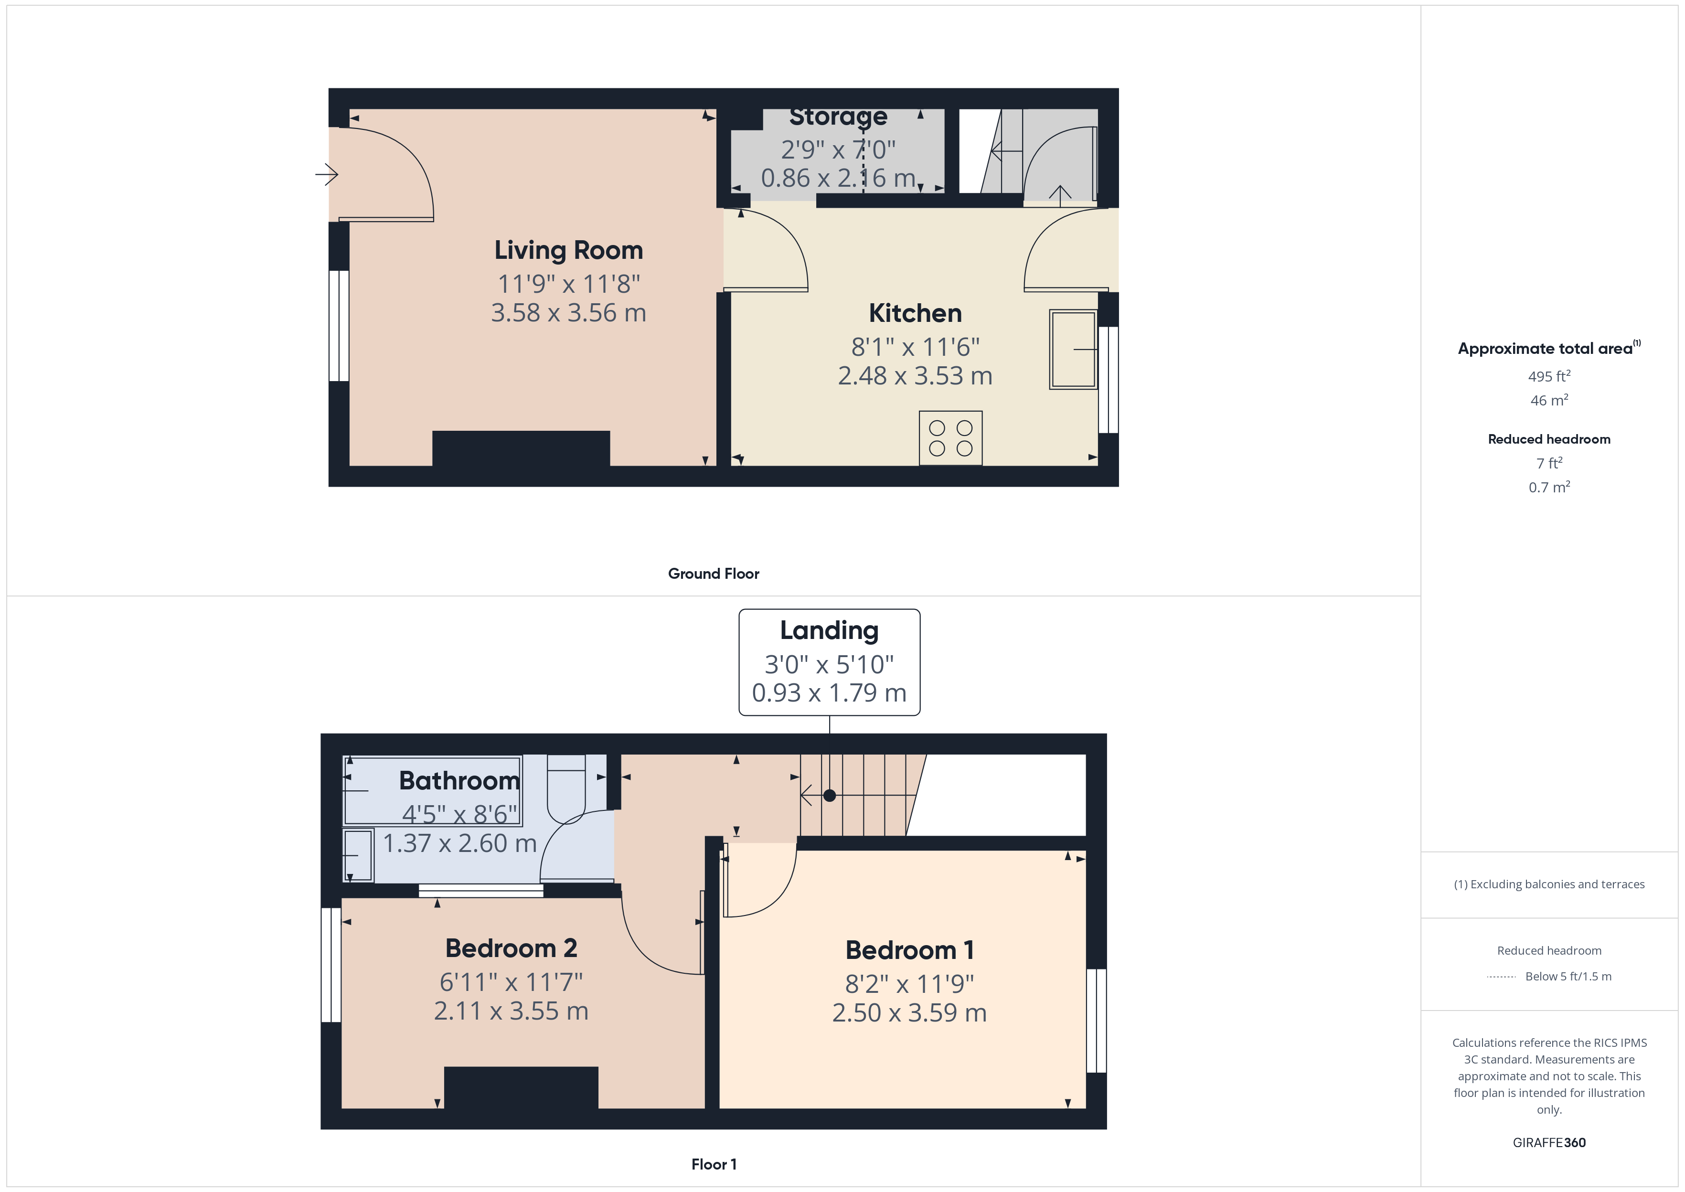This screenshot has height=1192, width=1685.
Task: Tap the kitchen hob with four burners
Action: pyautogui.click(x=950, y=438)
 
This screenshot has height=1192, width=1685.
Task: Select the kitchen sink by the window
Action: pyautogui.click(x=1072, y=350)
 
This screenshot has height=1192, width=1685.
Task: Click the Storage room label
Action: pyautogui.click(x=838, y=117)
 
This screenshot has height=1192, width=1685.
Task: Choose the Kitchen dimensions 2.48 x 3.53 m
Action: pyautogui.click(x=915, y=376)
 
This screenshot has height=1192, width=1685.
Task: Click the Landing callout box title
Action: pyautogui.click(x=829, y=630)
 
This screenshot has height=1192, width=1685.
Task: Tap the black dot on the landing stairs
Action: pyautogui.click(x=829, y=796)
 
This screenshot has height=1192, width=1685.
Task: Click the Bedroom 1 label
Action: pyautogui.click(x=909, y=950)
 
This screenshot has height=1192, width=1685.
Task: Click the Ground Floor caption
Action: pyautogui.click(x=714, y=574)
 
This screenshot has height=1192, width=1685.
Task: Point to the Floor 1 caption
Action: pyautogui.click(x=714, y=1164)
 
